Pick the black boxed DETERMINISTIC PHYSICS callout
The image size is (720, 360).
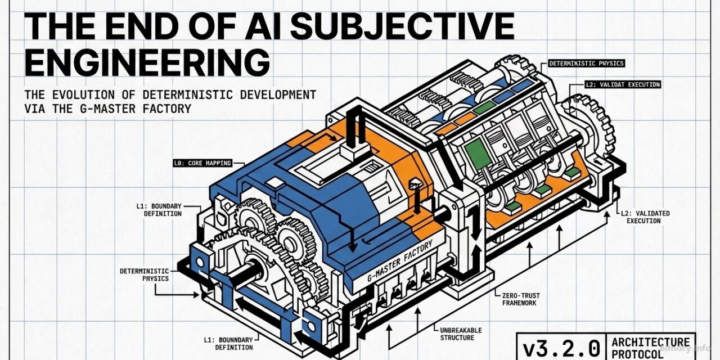click(586, 64)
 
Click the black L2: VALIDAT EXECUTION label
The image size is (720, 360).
click(622, 84)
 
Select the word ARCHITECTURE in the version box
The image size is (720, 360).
click(650, 342)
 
